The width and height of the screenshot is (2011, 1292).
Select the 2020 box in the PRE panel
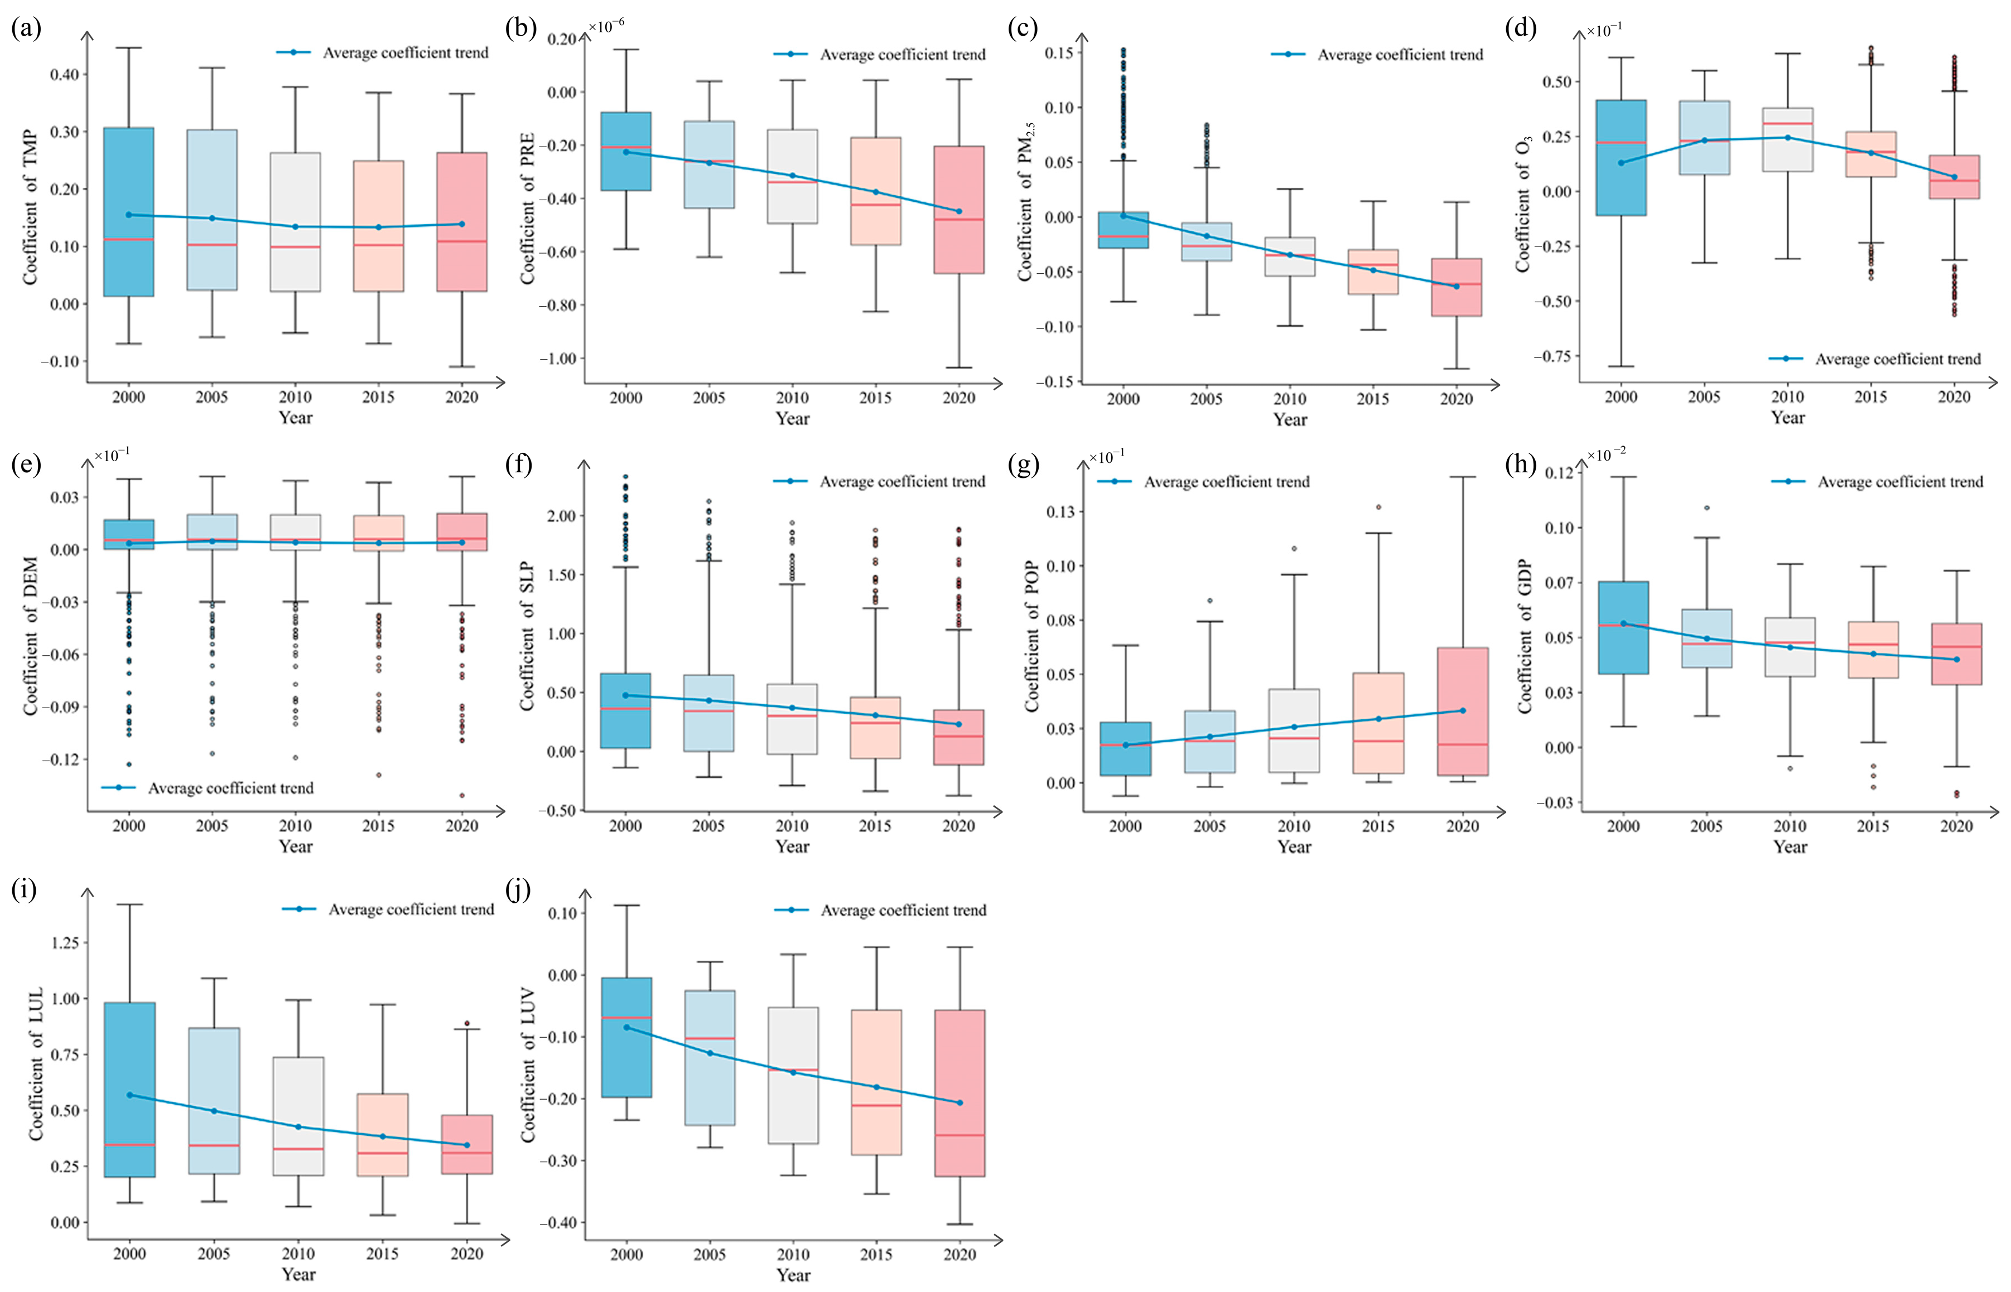tap(959, 210)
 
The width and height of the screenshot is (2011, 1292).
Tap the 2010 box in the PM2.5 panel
tap(1290, 257)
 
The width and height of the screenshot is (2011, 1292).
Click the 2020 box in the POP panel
tap(1463, 712)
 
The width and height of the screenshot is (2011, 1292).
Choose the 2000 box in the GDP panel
tap(1623, 627)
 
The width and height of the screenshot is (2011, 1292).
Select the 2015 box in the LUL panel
tap(383, 1134)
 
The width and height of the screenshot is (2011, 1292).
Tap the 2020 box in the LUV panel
tap(960, 1093)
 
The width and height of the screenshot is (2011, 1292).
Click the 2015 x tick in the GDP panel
tap(1873, 826)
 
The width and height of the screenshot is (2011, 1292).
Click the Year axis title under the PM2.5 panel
tap(1290, 419)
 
